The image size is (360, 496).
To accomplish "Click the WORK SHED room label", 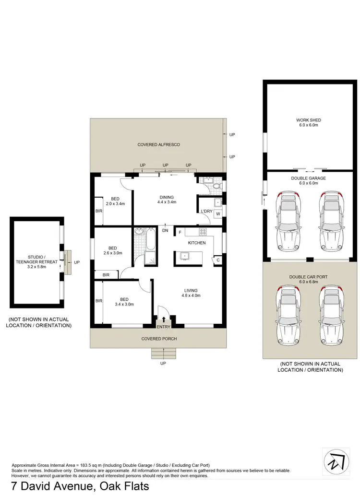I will pyautogui.click(x=309, y=123).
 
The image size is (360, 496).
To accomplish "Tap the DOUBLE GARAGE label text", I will pyautogui.click(x=309, y=180).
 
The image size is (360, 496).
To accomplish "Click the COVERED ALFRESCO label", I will pyautogui.click(x=158, y=144).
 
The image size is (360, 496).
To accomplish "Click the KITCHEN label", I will pyautogui.click(x=197, y=243).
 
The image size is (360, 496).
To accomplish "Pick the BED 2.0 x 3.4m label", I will pyautogui.click(x=115, y=201).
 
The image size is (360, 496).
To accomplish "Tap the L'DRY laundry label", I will pyautogui.click(x=207, y=212).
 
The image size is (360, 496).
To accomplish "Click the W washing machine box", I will pyautogui.click(x=218, y=214).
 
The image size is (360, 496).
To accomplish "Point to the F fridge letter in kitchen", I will pyautogui.click(x=180, y=233).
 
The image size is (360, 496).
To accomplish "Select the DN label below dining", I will pyautogui.click(x=165, y=231).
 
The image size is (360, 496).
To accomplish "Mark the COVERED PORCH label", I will pyautogui.click(x=159, y=339).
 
